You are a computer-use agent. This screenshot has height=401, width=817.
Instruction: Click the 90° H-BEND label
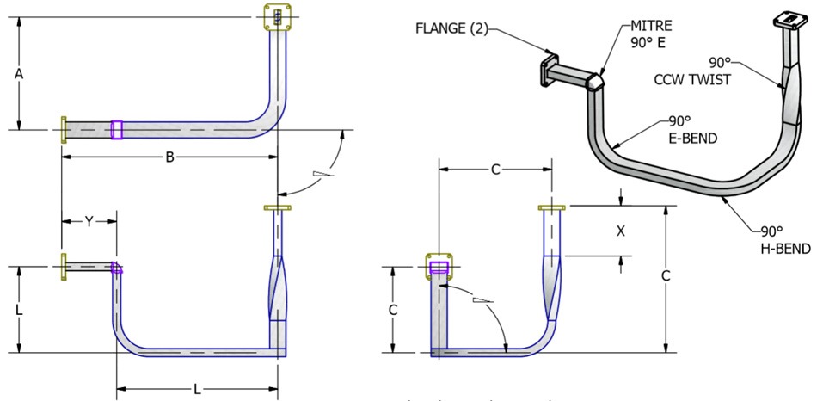783,240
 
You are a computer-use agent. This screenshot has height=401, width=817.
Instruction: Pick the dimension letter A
18,74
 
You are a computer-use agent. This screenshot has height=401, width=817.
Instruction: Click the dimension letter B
170,157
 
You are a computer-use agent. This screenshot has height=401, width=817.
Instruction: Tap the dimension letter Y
88,222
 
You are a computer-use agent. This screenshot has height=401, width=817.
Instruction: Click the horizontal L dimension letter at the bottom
197,389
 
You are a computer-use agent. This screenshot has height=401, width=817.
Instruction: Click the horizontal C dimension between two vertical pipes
495,170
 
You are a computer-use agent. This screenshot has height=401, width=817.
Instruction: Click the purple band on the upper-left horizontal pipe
117,130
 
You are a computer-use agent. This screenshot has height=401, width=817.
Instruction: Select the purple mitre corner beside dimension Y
117,268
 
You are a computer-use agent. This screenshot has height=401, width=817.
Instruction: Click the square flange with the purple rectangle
439,268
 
